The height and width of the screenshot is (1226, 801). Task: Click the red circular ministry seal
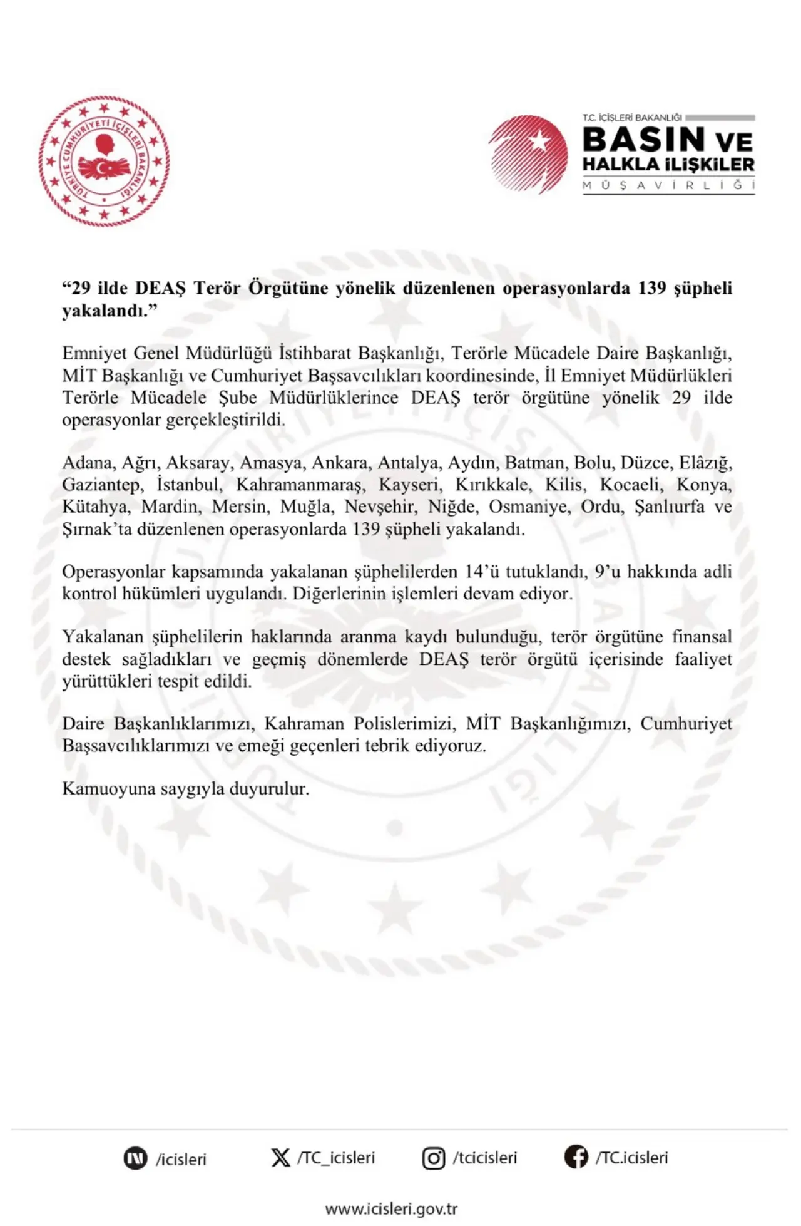pyautogui.click(x=104, y=161)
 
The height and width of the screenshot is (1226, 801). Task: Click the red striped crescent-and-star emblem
pyautogui.click(x=528, y=154)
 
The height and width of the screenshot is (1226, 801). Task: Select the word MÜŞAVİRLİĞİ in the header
pyautogui.click(x=668, y=185)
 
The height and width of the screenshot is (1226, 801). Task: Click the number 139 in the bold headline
pyautogui.click(x=652, y=288)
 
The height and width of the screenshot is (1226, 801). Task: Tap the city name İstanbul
pyautogui.click(x=188, y=485)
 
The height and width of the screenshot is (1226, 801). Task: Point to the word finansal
pyautogui.click(x=702, y=637)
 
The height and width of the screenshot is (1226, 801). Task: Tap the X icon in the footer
pyautogui.click(x=280, y=1158)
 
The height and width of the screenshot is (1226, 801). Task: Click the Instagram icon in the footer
pyautogui.click(x=434, y=1158)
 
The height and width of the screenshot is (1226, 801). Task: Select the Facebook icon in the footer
pyautogui.click(x=576, y=1157)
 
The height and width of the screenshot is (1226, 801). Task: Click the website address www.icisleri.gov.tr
pyautogui.click(x=391, y=1208)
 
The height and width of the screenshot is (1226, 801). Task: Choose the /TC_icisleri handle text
pyautogui.click(x=336, y=1158)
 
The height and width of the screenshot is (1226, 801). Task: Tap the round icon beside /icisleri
pyautogui.click(x=135, y=1158)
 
